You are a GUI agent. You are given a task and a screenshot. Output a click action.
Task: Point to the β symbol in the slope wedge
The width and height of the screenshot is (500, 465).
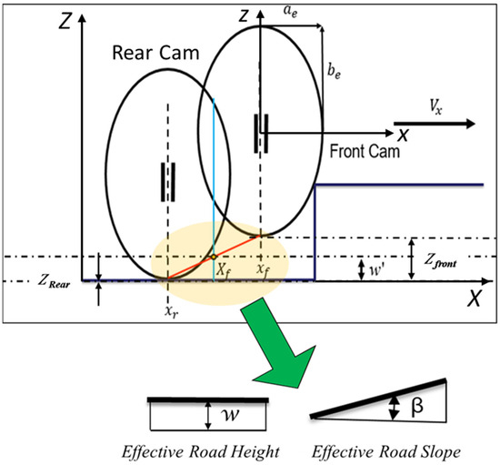click(x=415, y=400)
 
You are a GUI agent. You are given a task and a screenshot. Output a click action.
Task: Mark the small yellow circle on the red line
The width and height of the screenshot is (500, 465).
click(x=214, y=257)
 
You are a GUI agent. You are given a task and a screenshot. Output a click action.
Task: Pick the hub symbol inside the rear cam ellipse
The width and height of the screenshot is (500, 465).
click(x=167, y=180)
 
